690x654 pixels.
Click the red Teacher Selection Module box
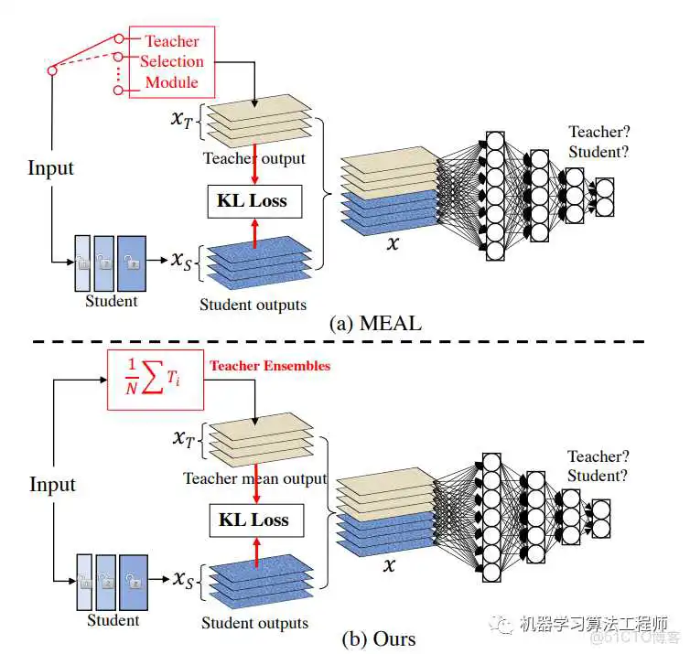pos(171,62)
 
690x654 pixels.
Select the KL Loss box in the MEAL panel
pos(253,200)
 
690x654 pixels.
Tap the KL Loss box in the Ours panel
pos(253,520)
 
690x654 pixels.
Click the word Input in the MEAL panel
pos(50,167)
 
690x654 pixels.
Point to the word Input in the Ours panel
pos(52,484)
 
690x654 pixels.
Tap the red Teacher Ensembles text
pos(269,366)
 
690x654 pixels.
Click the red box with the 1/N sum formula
pos(153,380)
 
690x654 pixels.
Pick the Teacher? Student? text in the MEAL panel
pos(599,142)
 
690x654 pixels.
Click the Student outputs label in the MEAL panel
pos(253,305)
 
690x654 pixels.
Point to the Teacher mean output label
pos(254,478)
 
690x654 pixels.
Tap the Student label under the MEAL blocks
pos(112,300)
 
